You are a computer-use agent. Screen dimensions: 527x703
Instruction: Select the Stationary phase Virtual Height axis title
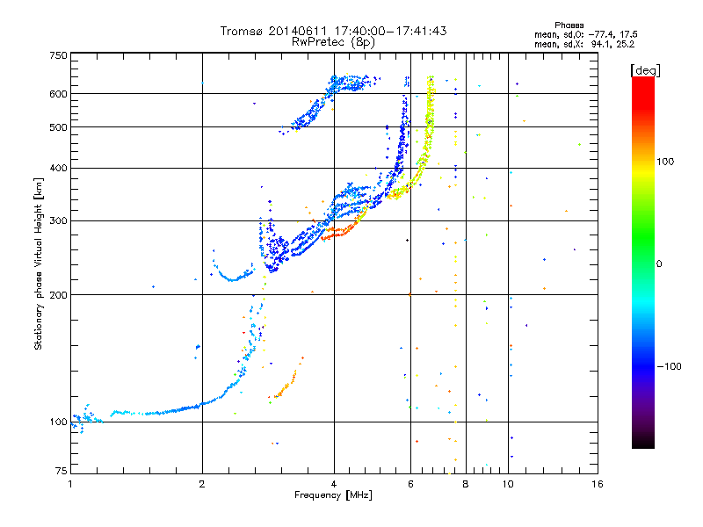tap(39, 263)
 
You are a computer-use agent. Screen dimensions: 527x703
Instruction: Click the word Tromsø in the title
tap(239, 31)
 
